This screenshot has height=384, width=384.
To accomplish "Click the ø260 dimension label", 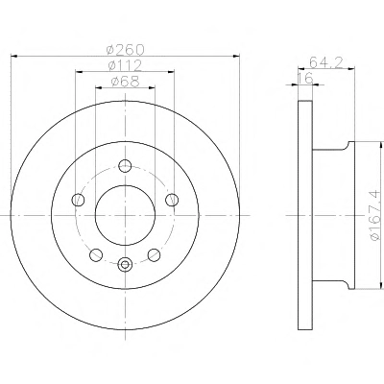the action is (x=126, y=49).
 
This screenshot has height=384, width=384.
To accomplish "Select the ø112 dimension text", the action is (x=125, y=65).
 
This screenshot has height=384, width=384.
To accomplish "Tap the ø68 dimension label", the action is (x=126, y=82).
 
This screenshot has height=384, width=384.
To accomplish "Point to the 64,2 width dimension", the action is (x=326, y=61).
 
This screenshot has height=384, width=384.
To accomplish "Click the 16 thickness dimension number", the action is (x=305, y=79).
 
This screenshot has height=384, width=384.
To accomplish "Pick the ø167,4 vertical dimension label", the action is (x=375, y=215).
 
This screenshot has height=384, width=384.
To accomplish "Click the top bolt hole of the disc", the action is (x=125, y=165).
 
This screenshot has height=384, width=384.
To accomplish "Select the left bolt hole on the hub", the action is (x=78, y=200).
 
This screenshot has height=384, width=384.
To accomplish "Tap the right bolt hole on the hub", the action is (x=172, y=200).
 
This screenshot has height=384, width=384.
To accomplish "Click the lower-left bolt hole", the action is (x=96, y=254).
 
